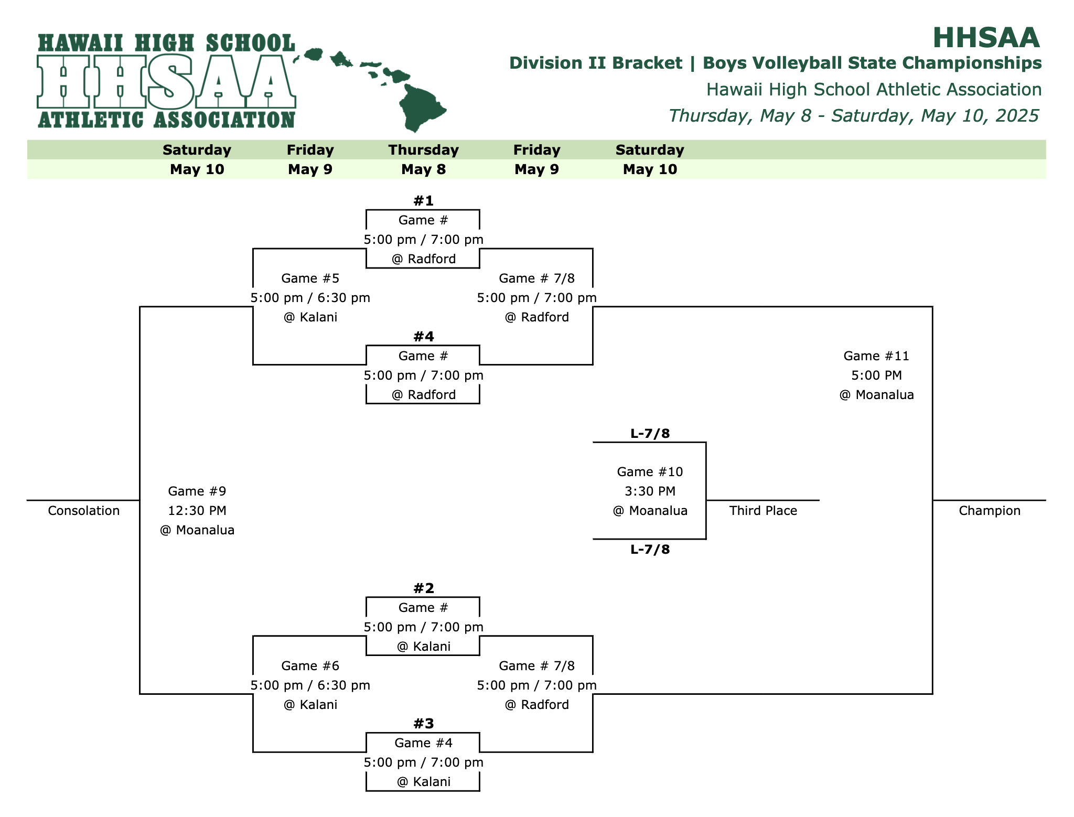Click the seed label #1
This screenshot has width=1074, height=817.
coord(423,201)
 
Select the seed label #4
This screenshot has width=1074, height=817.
coord(423,337)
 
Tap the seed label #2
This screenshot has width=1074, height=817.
coord(423,588)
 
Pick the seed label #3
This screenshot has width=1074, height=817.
coord(423,724)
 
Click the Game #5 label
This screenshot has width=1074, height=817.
coord(310,278)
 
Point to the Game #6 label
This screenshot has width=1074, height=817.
coord(310,666)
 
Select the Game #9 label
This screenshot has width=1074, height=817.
coord(197,491)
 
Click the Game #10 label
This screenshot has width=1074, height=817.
coord(650,472)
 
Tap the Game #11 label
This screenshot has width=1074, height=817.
coord(876,356)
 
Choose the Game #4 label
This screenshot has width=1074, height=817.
coord(423,743)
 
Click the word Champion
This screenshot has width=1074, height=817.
coord(989,511)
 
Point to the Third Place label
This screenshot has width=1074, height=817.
coord(762,511)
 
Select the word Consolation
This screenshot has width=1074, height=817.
coord(83,511)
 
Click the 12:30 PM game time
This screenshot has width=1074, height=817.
coord(197,511)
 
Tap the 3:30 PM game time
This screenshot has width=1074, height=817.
coord(650,491)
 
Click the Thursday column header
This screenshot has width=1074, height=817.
coord(423,150)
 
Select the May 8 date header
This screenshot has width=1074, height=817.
coord(423,169)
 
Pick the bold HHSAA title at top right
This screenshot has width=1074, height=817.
coord(985,38)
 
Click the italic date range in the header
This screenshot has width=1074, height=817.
coord(853,116)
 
